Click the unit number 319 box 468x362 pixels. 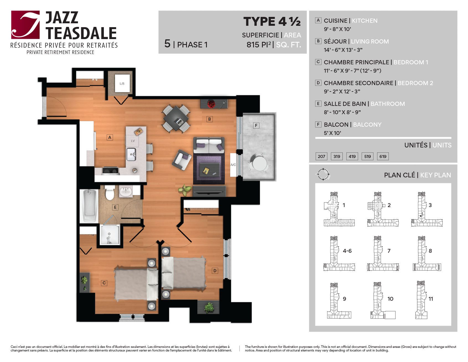337,156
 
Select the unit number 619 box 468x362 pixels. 383,156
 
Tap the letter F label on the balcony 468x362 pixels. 256,126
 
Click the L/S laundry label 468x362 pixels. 122,83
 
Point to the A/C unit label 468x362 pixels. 233,165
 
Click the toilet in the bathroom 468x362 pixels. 110,193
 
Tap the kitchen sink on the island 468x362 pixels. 131,154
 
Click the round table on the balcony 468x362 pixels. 259,163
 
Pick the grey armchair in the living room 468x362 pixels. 182,160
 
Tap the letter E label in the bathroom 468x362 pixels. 115,207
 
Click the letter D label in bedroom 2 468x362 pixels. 215,271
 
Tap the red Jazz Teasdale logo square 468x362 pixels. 25,25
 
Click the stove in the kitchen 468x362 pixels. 110,170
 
